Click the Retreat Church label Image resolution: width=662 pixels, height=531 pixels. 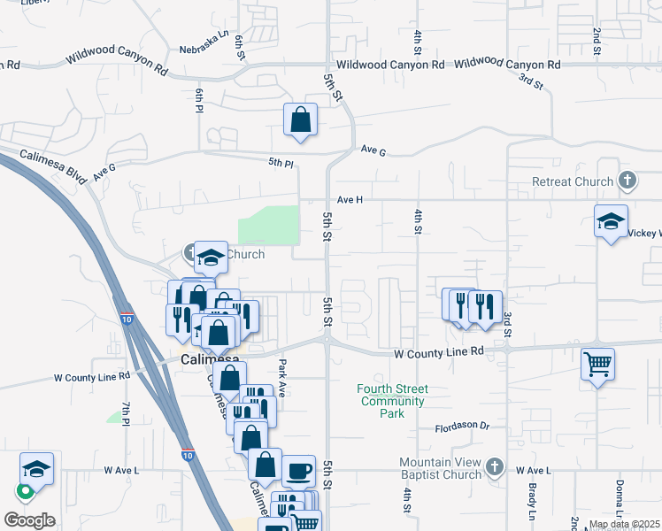click(x=572, y=181)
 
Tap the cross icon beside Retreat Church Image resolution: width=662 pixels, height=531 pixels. click(x=627, y=181)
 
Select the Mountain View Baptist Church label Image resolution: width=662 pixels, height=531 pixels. click(x=439, y=469)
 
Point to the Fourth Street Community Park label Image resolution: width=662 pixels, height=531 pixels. click(x=392, y=401)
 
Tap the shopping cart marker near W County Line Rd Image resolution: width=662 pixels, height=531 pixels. click(x=597, y=363)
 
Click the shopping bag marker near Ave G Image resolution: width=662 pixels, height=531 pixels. click(x=300, y=119)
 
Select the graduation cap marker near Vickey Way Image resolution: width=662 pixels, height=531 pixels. click(x=611, y=221)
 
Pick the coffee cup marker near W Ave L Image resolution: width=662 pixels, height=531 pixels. click(x=298, y=470)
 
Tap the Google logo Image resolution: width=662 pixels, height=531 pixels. click(x=30, y=520)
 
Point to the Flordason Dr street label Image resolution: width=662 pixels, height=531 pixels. click(x=462, y=427)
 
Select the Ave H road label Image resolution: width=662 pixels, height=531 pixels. click(x=349, y=200)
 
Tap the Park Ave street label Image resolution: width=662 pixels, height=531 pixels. click(x=282, y=377)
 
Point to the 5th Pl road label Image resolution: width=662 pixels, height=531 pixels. click(x=281, y=162)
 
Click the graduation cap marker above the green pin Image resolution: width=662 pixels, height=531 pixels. click(x=37, y=468)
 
